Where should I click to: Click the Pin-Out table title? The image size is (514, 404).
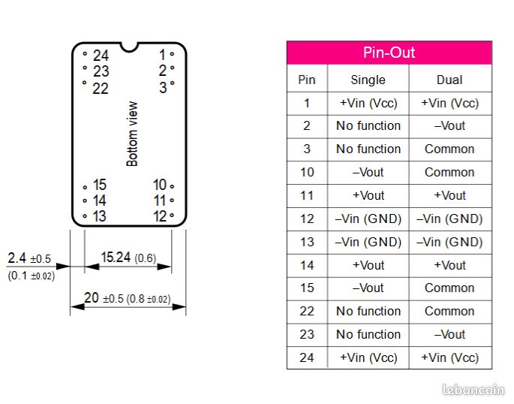[389, 53]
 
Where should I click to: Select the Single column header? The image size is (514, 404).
[368, 80]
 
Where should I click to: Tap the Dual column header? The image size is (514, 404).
[449, 80]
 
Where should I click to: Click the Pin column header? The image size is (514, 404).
[307, 80]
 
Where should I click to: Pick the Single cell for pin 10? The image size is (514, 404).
[368, 172]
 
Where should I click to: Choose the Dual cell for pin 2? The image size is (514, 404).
[449, 125]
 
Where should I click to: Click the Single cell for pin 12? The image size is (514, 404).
[368, 219]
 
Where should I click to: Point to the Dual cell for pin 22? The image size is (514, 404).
[449, 311]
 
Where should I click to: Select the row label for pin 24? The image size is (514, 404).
[307, 357]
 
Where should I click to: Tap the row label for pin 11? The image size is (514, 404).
[307, 195]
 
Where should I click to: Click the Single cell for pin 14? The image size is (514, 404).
[368, 265]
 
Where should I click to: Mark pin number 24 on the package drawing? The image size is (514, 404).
[100, 56]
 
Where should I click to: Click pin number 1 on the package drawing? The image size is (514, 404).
[162, 55]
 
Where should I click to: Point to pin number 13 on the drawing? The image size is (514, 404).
[99, 216]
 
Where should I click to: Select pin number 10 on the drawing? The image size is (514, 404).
[160, 185]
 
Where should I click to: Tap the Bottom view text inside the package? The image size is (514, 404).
[133, 134]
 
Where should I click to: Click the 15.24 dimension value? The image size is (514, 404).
[117, 258]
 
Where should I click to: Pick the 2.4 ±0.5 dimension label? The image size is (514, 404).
[29, 259]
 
